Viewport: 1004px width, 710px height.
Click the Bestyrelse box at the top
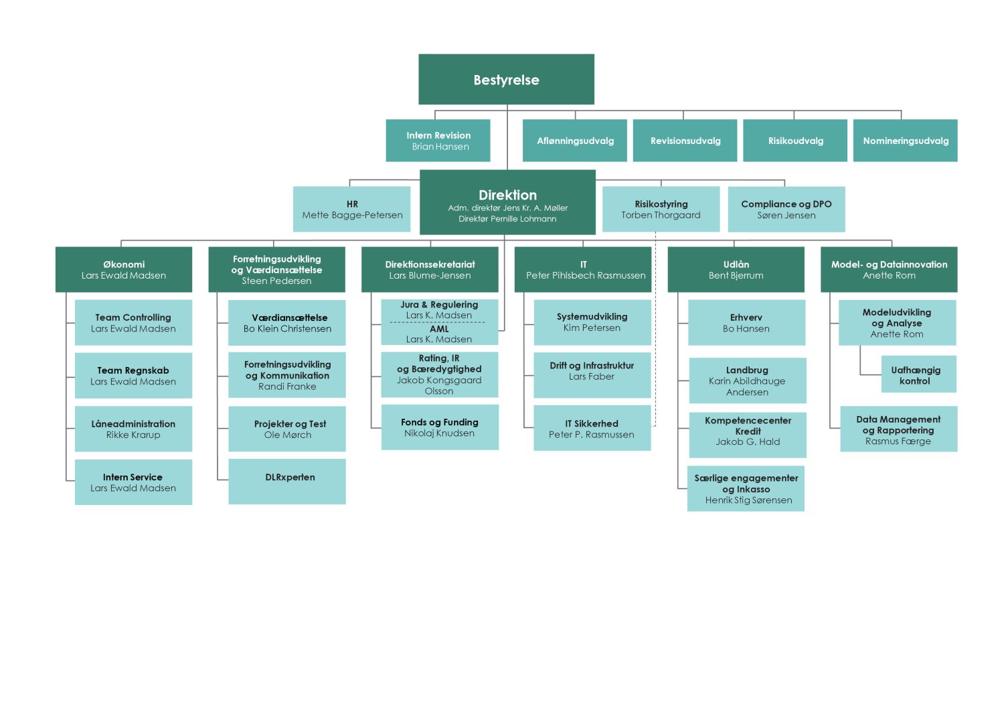(507, 80)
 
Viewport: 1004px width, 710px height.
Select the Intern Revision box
(438, 141)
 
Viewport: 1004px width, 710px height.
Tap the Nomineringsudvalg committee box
(906, 141)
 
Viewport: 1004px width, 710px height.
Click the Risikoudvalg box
(795, 141)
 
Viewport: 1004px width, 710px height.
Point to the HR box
(352, 209)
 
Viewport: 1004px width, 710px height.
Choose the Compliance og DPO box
(786, 209)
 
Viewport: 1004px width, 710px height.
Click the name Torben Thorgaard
(661, 215)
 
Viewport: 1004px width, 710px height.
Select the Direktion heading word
(507, 195)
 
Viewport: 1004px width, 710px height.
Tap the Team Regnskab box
(134, 375)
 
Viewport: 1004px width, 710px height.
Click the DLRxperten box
(287, 481)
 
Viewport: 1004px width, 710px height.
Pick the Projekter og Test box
(287, 429)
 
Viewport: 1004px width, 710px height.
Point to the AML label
(439, 329)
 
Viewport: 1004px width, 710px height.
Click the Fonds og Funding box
(440, 427)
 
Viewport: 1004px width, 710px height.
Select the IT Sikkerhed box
(592, 428)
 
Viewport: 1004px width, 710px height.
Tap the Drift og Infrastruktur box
(592, 375)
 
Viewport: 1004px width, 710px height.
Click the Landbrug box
(748, 380)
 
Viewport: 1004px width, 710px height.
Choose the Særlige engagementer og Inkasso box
(746, 488)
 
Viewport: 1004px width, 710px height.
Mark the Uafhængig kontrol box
(919, 374)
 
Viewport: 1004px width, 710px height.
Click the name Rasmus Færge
(898, 441)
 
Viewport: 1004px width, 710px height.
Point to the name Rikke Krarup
(133, 435)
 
